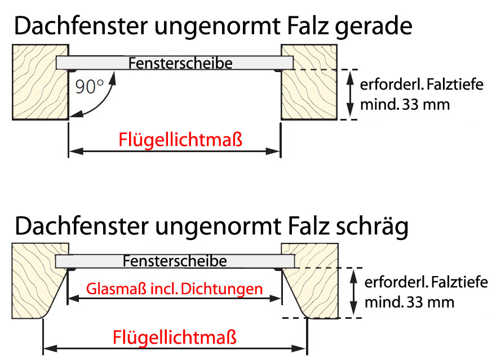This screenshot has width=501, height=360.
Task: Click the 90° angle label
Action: pyautogui.click(x=88, y=87)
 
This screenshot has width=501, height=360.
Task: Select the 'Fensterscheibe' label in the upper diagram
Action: pyautogui.click(x=180, y=63)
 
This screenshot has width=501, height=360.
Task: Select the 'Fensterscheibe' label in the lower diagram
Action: pyautogui.click(x=175, y=261)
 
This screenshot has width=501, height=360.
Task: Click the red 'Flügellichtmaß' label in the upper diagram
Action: pyautogui.click(x=180, y=139)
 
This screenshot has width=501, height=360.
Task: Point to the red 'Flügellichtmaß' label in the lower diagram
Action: pyautogui.click(x=175, y=337)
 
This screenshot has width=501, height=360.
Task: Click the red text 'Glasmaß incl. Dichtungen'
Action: pyautogui.click(x=175, y=289)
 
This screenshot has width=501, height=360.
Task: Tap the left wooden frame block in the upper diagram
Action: pyautogui.click(x=37, y=85)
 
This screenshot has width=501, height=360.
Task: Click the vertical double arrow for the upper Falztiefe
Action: pyautogui.click(x=351, y=94)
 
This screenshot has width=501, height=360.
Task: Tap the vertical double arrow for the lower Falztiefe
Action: pyautogui.click(x=354, y=292)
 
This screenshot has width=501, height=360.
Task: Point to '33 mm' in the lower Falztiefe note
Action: pyautogui.click(x=434, y=302)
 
